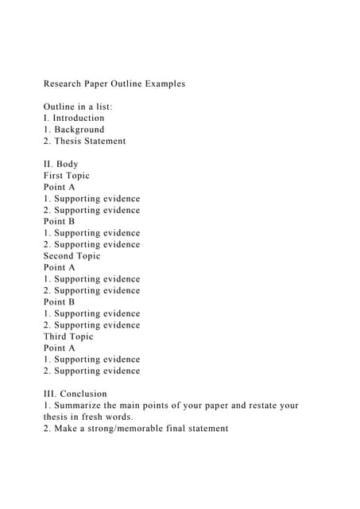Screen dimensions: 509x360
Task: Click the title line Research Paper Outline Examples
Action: (x=114, y=84)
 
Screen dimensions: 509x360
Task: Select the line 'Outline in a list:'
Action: (x=78, y=107)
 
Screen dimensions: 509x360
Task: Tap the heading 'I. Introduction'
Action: (x=74, y=118)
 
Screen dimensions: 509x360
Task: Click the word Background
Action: (x=79, y=130)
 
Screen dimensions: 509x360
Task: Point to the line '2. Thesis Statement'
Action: (x=84, y=141)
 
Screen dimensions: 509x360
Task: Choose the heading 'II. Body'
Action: (x=61, y=164)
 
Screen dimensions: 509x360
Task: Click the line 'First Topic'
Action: (x=67, y=176)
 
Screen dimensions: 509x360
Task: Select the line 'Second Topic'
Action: (x=72, y=256)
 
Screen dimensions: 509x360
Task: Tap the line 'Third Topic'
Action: (x=68, y=336)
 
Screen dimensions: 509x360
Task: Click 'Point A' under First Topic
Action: (x=60, y=187)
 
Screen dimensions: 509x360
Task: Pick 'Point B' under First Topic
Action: (x=60, y=222)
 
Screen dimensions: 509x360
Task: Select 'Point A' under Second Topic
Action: (x=60, y=268)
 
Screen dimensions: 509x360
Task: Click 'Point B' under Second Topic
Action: (x=60, y=302)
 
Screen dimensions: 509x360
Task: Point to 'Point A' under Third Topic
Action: (x=60, y=348)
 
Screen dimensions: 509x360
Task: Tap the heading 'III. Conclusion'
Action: (x=75, y=394)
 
